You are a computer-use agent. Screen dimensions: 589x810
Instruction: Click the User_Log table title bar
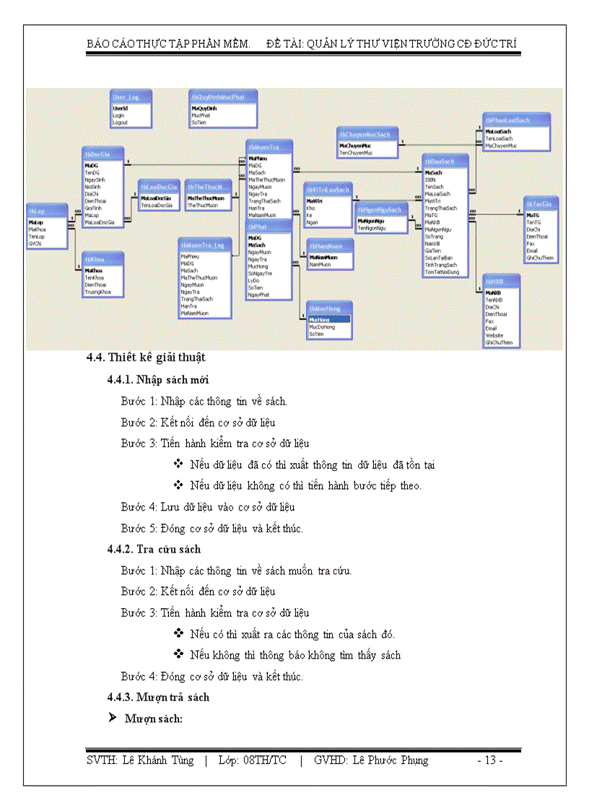click(x=130, y=97)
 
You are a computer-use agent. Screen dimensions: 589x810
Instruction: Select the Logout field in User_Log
click(x=120, y=123)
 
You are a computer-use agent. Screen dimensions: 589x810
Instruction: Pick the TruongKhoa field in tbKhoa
click(x=97, y=291)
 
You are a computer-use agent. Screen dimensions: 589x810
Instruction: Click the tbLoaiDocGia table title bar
click(x=158, y=187)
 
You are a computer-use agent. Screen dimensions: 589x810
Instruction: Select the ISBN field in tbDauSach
click(x=431, y=180)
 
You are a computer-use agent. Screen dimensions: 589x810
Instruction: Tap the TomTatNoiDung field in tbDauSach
click(x=442, y=272)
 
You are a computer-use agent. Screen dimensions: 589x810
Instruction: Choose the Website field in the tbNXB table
click(x=494, y=335)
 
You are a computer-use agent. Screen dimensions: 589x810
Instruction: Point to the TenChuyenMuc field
click(x=358, y=154)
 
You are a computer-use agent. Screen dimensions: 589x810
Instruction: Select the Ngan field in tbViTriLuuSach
click(x=312, y=222)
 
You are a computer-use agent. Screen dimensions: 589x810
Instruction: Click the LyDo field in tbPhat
click(x=255, y=280)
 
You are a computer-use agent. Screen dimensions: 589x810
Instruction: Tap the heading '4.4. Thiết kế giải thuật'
click(x=146, y=357)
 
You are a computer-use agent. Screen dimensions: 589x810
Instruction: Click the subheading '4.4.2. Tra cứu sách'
click(x=154, y=549)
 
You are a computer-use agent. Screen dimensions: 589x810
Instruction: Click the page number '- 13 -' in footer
click(x=490, y=760)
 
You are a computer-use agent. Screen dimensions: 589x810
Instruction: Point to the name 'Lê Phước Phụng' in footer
click(x=391, y=760)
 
